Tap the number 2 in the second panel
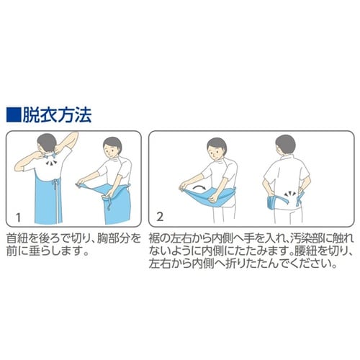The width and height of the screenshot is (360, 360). [159, 216]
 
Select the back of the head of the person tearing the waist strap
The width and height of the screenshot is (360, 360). [286, 145]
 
